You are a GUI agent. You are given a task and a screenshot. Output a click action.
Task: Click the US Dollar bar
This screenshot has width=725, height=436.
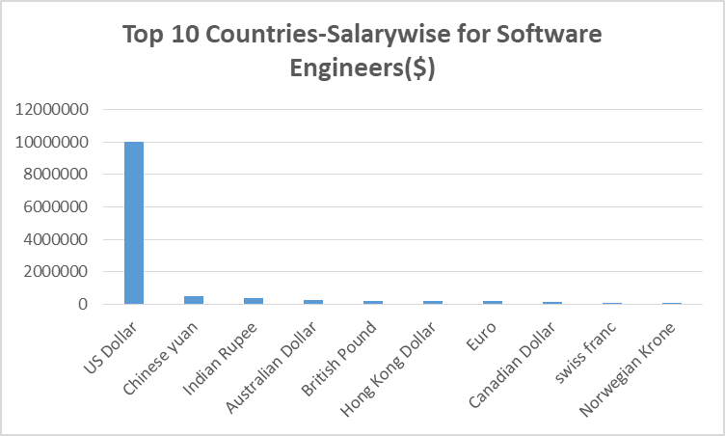click(134, 223)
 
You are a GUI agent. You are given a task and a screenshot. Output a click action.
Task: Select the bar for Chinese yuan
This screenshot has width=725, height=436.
click(194, 300)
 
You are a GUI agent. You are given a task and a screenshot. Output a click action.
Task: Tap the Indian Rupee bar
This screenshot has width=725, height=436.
click(254, 301)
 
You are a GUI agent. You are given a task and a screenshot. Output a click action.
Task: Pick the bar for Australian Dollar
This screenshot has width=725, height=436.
click(313, 302)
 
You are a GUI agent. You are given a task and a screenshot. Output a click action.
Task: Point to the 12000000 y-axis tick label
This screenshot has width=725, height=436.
click(53, 109)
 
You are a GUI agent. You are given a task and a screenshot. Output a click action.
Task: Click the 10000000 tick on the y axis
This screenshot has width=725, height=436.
click(53, 142)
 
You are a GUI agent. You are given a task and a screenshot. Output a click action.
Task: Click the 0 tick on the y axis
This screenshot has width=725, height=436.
click(85, 305)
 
